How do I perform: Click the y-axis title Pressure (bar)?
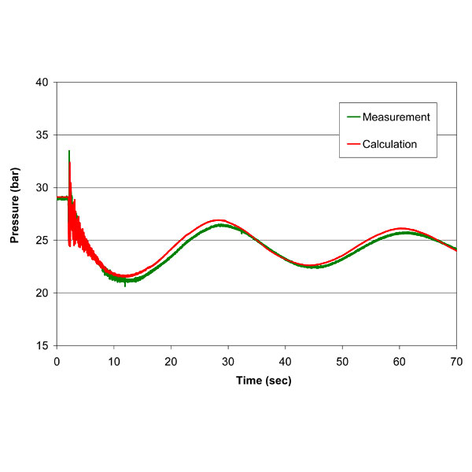[x=14, y=213]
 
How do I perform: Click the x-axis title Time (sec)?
[x=256, y=381]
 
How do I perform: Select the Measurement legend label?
[x=396, y=117]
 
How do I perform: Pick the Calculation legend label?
[x=391, y=144]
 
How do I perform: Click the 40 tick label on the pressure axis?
[x=42, y=83]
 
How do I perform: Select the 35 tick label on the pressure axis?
[x=42, y=135]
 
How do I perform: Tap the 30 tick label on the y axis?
[x=42, y=188]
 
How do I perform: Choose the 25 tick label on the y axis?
[x=42, y=241]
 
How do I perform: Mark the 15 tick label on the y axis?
[x=42, y=346]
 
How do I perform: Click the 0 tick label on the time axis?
[x=57, y=360]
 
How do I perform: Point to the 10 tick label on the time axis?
[x=113, y=360]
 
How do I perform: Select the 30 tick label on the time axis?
[x=228, y=360]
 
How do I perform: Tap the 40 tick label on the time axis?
[x=285, y=360]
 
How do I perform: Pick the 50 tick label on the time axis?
[x=342, y=360]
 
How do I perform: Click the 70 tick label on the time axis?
[x=456, y=360]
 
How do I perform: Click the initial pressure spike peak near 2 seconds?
[x=69, y=151]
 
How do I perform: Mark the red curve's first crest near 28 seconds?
[x=219, y=220]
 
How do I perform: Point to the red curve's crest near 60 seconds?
[x=401, y=228]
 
